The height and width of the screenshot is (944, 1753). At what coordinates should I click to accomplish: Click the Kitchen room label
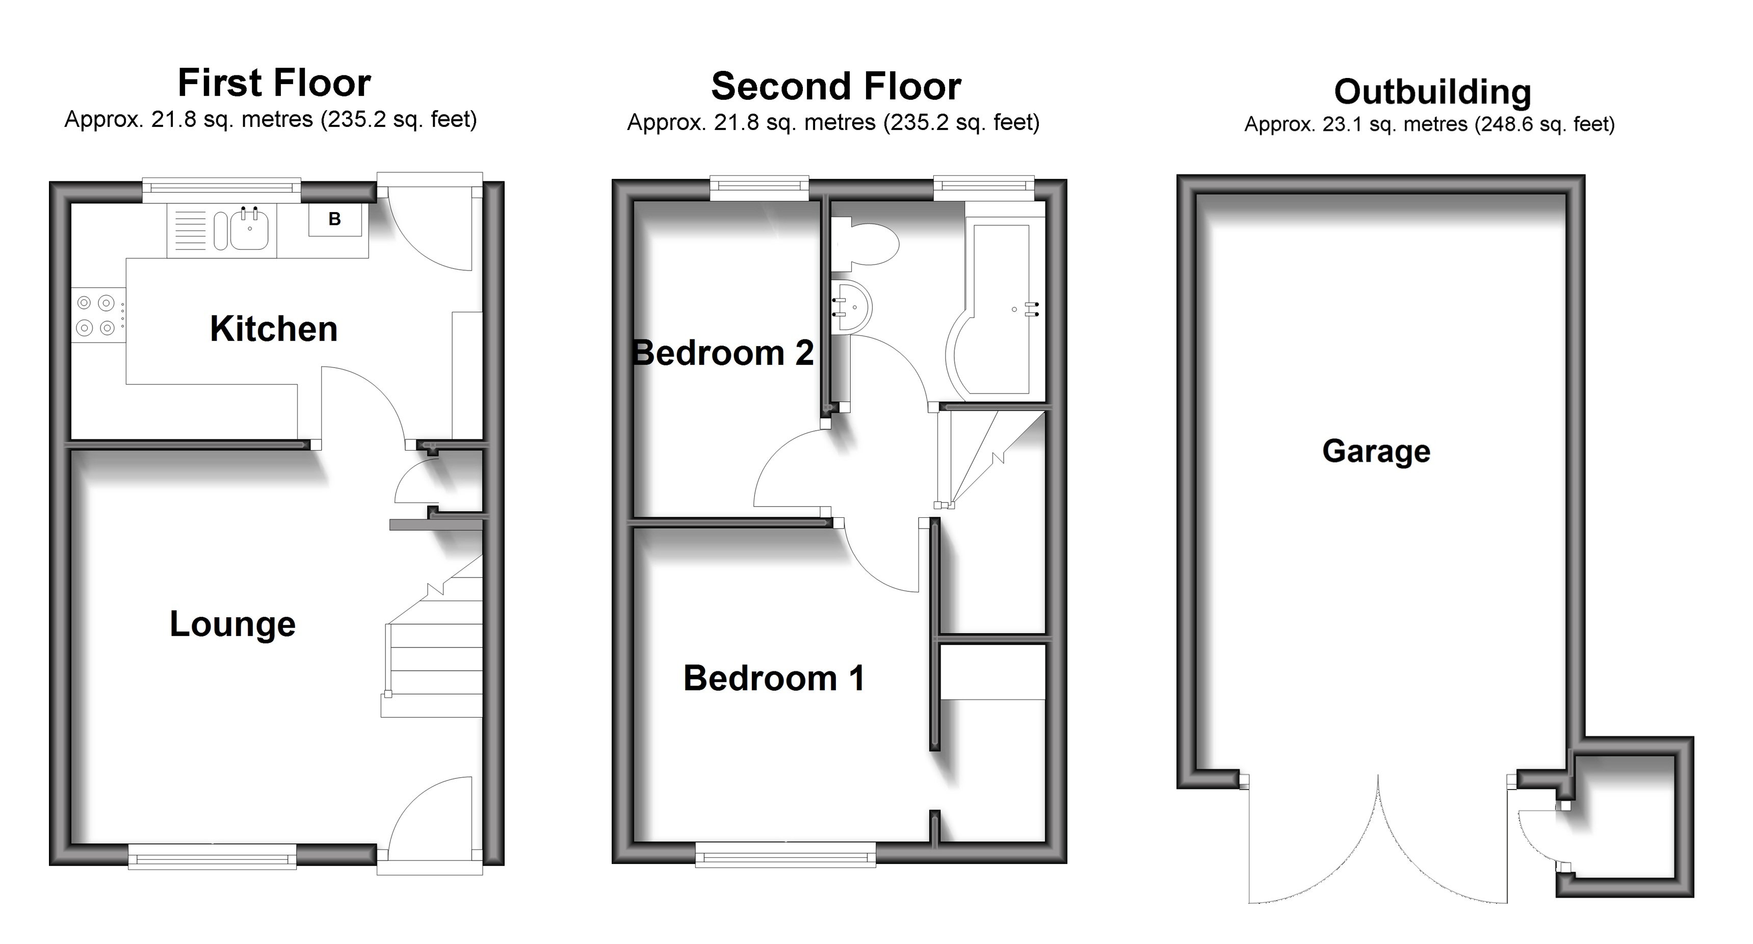click(274, 329)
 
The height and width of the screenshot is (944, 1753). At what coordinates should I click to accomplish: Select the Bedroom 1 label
click(774, 678)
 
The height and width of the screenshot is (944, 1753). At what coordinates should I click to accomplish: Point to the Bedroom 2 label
click(723, 353)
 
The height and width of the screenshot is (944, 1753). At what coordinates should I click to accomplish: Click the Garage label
click(1376, 451)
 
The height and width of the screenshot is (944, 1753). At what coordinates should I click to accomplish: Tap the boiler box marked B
click(335, 219)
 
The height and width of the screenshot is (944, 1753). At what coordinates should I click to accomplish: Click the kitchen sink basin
click(249, 229)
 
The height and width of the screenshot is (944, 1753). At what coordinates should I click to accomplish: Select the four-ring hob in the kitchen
click(96, 315)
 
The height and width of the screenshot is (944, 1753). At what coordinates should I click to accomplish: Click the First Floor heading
click(274, 84)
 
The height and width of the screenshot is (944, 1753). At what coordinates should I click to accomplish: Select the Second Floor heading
click(835, 87)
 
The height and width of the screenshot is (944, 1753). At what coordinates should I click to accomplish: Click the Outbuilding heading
click(1432, 92)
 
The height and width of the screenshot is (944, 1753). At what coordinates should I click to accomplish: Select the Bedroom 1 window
click(786, 855)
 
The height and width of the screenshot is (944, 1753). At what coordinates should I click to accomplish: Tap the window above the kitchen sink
click(221, 191)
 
